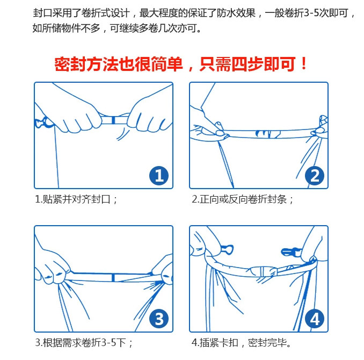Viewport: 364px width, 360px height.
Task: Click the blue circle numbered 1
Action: tap(159, 176)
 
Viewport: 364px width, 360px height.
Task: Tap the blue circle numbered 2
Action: tap(314, 176)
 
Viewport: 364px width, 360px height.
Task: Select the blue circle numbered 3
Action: tap(159, 319)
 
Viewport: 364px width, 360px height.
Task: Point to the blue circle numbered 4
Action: tap(314, 319)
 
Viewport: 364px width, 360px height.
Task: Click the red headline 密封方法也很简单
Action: tap(119, 64)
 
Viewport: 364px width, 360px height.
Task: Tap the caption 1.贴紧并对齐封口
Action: tap(76, 199)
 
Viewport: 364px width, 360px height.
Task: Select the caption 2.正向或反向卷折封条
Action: tap(243, 199)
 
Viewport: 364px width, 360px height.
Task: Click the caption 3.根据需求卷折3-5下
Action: tap(84, 343)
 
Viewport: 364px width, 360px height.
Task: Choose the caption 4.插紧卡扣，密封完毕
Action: tap(242, 343)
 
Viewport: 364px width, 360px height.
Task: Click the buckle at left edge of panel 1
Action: tap(43, 123)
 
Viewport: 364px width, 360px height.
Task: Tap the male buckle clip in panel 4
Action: tap(290, 252)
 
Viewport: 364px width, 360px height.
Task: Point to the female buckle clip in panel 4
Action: tap(227, 250)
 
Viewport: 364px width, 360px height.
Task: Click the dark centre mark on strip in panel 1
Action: tap(113, 120)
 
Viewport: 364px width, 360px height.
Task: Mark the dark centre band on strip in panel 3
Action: tap(113, 278)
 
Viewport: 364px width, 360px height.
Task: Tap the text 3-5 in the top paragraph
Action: tap(311, 13)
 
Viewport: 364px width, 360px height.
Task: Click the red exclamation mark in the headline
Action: tap(303, 64)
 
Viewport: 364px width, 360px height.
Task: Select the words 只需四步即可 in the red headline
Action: tap(247, 64)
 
